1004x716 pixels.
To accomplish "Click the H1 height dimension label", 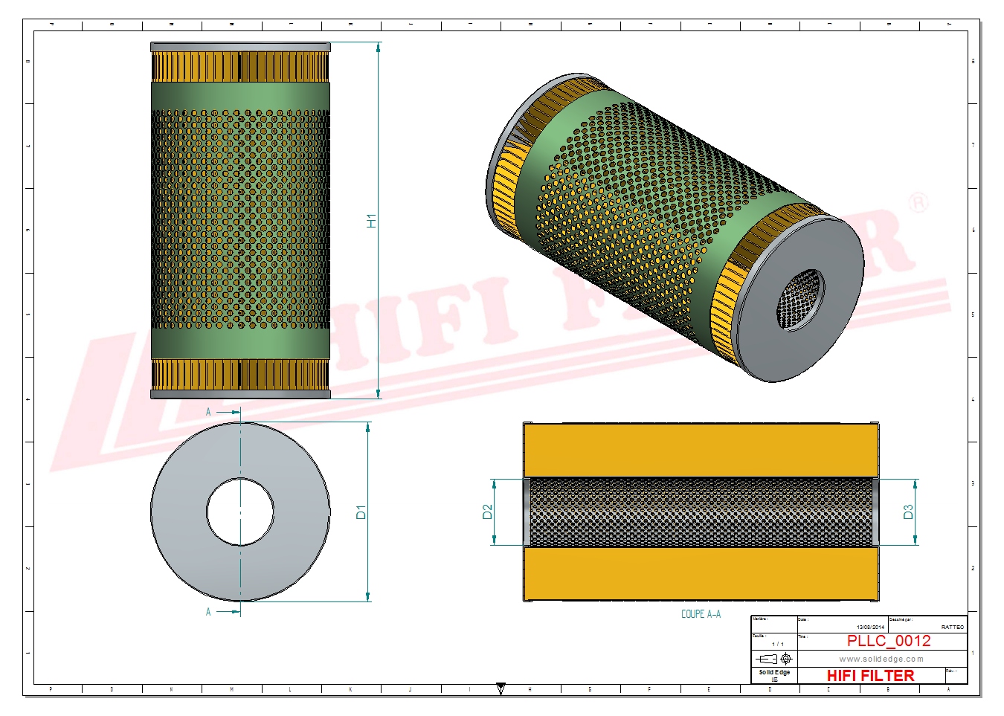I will (371, 221).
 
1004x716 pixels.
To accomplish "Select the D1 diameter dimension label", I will (361, 512).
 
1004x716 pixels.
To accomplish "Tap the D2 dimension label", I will (487, 512).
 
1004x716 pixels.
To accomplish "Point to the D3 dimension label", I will (908, 512).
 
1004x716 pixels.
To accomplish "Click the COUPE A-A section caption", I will (701, 614).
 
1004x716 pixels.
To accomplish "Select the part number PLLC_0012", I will (888, 641).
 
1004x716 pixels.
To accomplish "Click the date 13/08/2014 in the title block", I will (870, 628).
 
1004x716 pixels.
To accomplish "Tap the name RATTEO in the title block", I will (952, 628).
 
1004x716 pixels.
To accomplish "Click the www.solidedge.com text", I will (881, 659).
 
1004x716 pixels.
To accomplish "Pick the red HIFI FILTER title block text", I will (870, 675).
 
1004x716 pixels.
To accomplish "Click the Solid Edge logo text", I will (774, 672).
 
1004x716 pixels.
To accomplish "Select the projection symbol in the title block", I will (774, 659).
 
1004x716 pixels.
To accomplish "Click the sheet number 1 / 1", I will (777, 644).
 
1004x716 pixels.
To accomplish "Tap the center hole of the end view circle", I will (240, 512).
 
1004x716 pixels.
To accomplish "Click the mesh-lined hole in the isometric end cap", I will (800, 300).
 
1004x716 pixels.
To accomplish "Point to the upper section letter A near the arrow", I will (208, 412).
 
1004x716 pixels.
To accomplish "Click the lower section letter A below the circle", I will (208, 612).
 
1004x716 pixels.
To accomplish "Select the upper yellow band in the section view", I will (701, 451).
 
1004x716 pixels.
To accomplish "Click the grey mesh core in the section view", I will (701, 512).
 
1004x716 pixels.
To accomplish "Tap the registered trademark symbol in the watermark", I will (919, 202).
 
